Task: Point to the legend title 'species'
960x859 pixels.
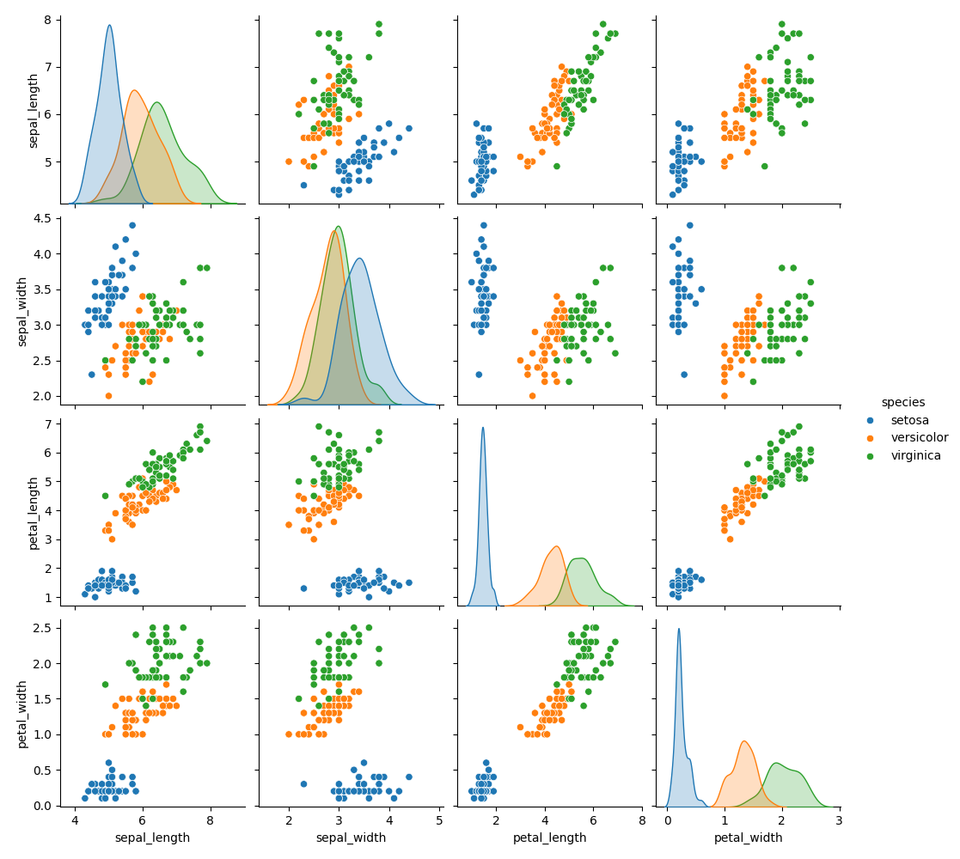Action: pos(902,402)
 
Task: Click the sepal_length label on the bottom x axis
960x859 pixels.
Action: pos(152,838)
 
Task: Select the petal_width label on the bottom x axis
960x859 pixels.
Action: pos(748,838)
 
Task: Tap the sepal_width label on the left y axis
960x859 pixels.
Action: pos(23,312)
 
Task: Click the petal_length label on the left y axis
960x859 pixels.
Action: pos(34,514)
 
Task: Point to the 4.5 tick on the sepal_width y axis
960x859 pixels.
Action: pos(40,218)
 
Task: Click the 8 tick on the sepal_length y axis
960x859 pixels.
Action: pos(46,20)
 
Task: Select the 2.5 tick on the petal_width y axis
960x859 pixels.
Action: pos(40,628)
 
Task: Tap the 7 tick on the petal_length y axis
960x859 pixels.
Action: pos(46,423)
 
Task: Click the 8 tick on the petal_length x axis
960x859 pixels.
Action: pos(642,819)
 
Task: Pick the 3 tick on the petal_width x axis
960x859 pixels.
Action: pos(839,819)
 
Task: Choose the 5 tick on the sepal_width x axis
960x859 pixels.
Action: pos(440,819)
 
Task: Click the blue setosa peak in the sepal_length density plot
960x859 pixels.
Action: pos(109,25)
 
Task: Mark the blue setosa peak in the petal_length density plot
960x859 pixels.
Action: pos(483,428)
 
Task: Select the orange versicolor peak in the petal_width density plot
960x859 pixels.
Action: pos(744,741)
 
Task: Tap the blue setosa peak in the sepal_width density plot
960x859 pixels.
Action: pos(359,259)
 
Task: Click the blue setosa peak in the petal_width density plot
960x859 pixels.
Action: pos(678,629)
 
